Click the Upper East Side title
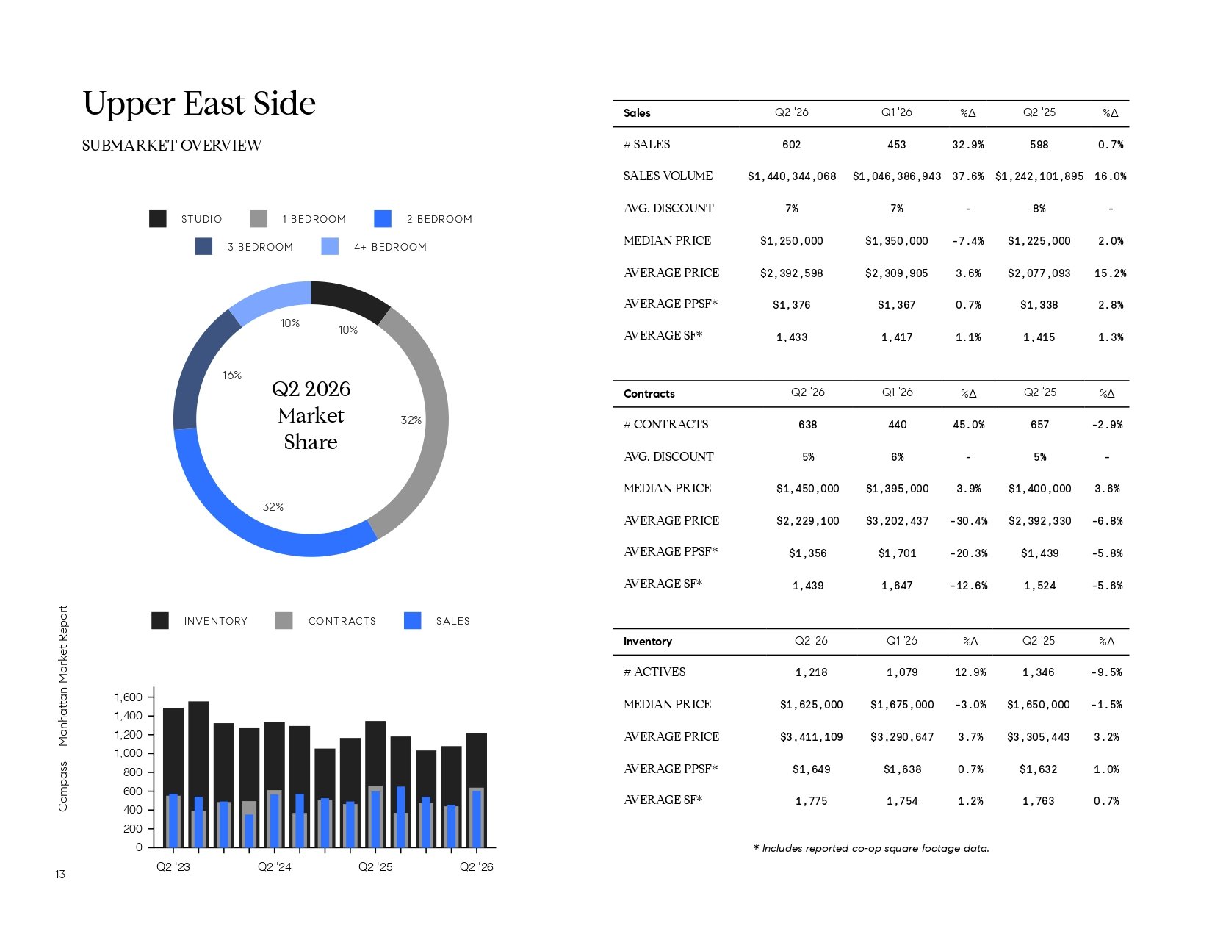[x=199, y=104]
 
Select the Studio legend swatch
[x=158, y=219]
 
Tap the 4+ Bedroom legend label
[x=390, y=247]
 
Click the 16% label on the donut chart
[x=232, y=376]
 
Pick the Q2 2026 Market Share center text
[x=311, y=415]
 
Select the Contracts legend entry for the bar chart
[x=325, y=620]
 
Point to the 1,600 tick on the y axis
[x=129, y=697]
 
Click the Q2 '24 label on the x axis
[x=275, y=866]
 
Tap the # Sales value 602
[x=791, y=145]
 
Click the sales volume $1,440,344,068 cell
[x=792, y=176]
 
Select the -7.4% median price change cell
[x=968, y=241]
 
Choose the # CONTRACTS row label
[x=666, y=424]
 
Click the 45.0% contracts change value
[x=969, y=425]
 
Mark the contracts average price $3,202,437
[x=898, y=521]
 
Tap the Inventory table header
[x=648, y=642]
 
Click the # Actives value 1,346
[x=1039, y=672]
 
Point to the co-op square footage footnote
[x=871, y=848]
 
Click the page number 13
[x=60, y=875]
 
